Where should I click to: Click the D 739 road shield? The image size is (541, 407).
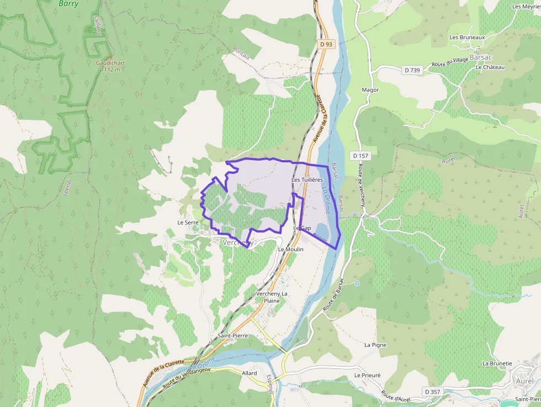412,70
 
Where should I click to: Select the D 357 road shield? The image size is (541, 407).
433,392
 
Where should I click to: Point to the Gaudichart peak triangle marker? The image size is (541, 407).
110,57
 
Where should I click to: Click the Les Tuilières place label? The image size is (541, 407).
307,180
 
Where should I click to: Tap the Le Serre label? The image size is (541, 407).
188,223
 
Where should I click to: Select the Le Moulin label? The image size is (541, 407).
291,249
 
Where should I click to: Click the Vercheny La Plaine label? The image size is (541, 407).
272,297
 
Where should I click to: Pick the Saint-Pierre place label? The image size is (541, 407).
232,336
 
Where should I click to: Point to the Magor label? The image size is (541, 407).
370,89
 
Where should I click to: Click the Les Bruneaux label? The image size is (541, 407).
467,38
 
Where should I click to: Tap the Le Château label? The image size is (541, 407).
490,67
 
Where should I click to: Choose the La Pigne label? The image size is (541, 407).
375,345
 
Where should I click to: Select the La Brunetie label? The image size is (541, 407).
497,363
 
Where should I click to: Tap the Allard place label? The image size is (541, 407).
250,373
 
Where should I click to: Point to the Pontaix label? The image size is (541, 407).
242,52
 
